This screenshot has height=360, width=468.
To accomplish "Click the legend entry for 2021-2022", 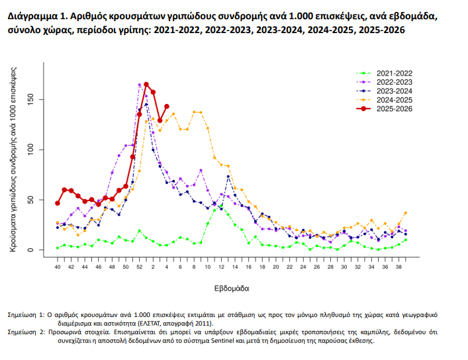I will click(394, 73).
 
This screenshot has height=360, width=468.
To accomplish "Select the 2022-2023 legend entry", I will click(394, 81).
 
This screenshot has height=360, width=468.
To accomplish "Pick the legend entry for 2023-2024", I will click(394, 91).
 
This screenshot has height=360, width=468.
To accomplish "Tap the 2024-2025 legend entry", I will click(394, 99).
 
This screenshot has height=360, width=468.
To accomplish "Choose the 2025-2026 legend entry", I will click(394, 109).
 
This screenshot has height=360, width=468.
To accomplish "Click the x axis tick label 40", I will click(58, 267).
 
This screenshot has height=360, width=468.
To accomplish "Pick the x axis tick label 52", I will click(140, 267).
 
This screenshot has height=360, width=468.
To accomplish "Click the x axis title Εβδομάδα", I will click(232, 289).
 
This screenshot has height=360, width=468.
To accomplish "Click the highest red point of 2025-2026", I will click(146, 85).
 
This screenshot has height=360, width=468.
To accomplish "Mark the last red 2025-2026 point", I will click(167, 106).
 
